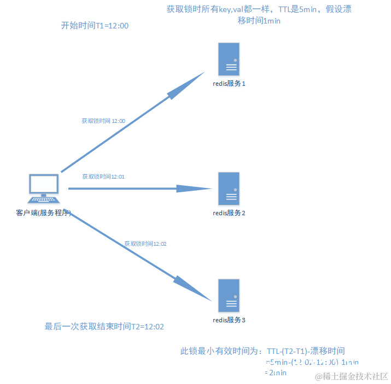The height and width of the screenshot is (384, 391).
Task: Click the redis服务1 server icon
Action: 229,60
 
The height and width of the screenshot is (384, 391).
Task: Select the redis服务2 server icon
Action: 229,188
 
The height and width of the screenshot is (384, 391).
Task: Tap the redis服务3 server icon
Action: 229,295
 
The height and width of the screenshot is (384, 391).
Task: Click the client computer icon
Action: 44,188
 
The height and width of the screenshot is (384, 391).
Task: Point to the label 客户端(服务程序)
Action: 44,212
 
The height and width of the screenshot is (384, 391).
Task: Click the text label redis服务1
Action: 229,84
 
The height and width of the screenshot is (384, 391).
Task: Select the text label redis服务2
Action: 229,212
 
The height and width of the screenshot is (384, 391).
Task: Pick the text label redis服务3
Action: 229,320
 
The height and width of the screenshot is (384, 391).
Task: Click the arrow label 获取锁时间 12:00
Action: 103,121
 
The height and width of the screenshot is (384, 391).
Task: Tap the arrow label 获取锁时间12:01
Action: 104,176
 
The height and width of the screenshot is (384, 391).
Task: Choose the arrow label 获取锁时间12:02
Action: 145,244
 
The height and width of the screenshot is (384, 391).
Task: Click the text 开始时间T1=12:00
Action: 95,26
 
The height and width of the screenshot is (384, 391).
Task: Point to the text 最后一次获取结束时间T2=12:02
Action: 104,327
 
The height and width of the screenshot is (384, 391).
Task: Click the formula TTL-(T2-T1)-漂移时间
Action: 306,351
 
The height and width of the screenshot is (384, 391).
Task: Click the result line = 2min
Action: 276,373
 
